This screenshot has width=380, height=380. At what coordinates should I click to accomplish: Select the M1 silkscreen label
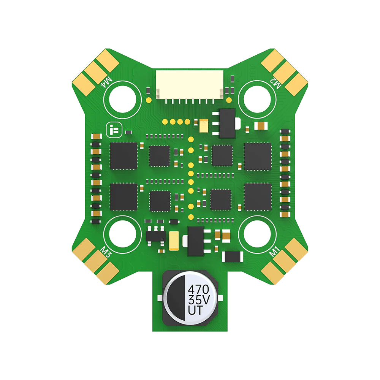(x=275, y=251)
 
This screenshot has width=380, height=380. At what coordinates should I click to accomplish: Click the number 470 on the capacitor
(x=198, y=289)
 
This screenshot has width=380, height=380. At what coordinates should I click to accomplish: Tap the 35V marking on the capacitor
(x=199, y=299)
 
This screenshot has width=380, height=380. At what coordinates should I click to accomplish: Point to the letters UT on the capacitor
(x=195, y=310)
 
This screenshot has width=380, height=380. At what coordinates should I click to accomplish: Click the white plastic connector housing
(x=190, y=85)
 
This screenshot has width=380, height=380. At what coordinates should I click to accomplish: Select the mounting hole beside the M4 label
(x=123, y=99)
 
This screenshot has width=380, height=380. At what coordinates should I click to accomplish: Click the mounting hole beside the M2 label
(x=257, y=99)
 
